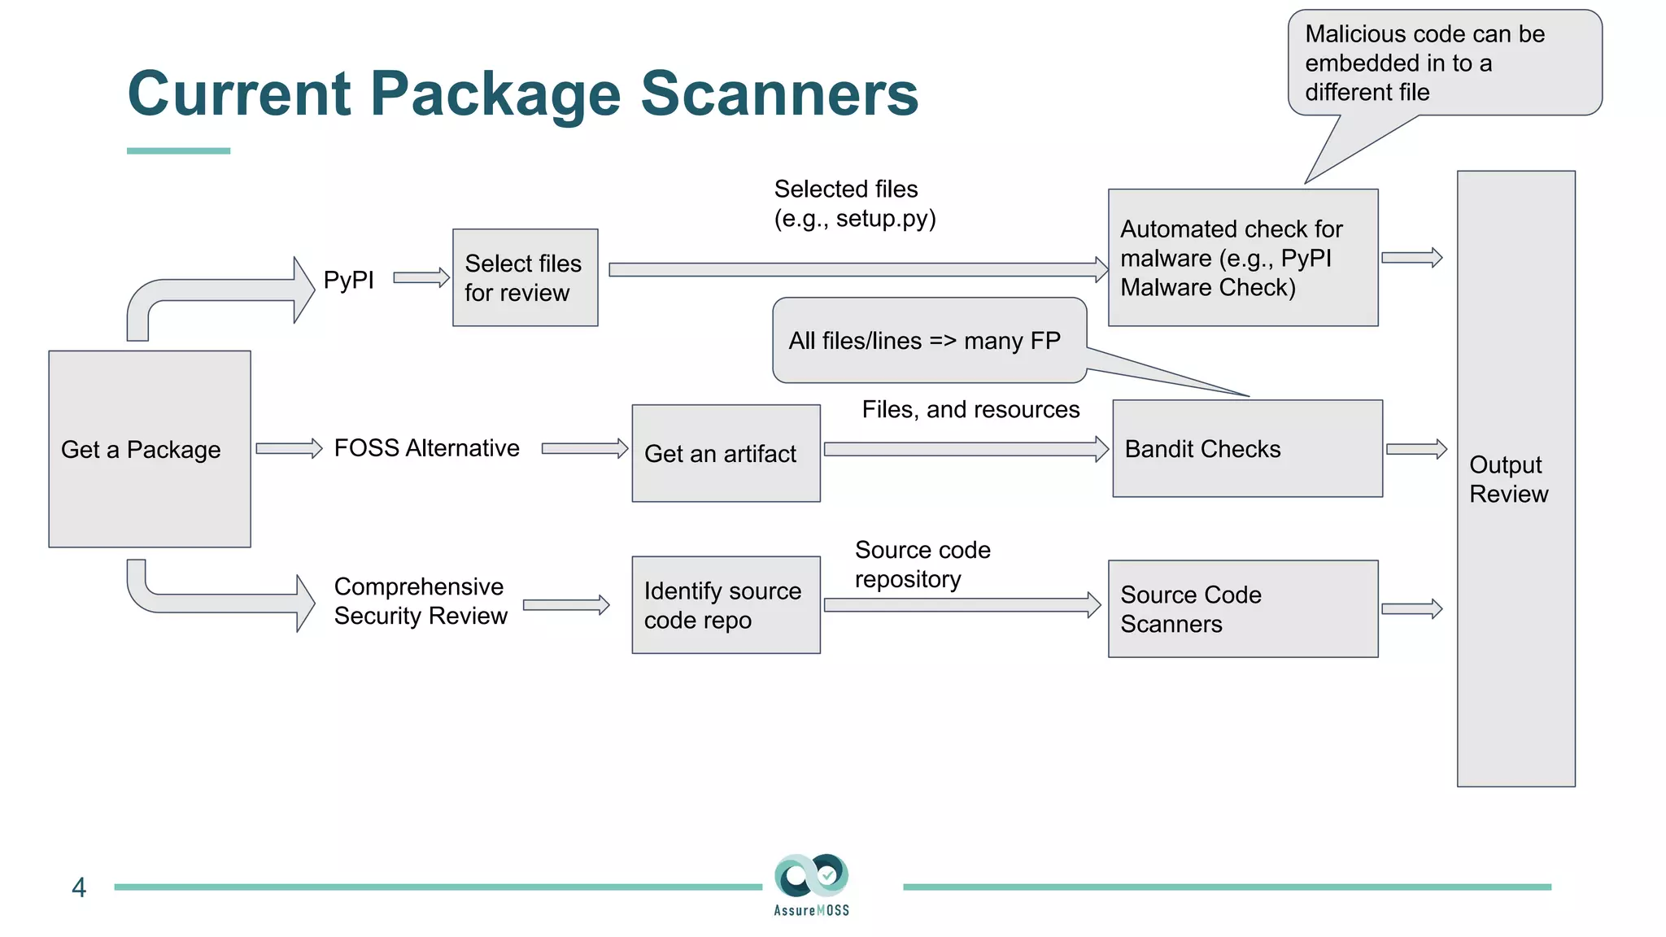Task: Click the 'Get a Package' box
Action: coord(150,449)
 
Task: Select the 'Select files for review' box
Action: coord(525,277)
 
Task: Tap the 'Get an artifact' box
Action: coord(726,453)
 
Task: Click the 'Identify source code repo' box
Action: coord(726,605)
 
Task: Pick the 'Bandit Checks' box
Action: coord(1247,448)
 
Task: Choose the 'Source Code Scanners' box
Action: coord(1242,608)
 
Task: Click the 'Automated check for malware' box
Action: coord(1242,258)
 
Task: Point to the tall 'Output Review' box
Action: coord(1516,478)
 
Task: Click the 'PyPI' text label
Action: coord(348,280)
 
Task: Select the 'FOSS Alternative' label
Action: coord(426,448)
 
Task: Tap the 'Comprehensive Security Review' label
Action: coord(420,601)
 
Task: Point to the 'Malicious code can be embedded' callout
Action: coord(1444,63)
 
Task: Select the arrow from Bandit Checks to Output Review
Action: coord(1416,449)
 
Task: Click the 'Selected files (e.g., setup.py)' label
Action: coord(854,203)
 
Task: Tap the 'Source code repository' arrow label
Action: coord(922,564)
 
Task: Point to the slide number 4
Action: coord(79,887)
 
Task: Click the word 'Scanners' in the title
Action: coord(779,94)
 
